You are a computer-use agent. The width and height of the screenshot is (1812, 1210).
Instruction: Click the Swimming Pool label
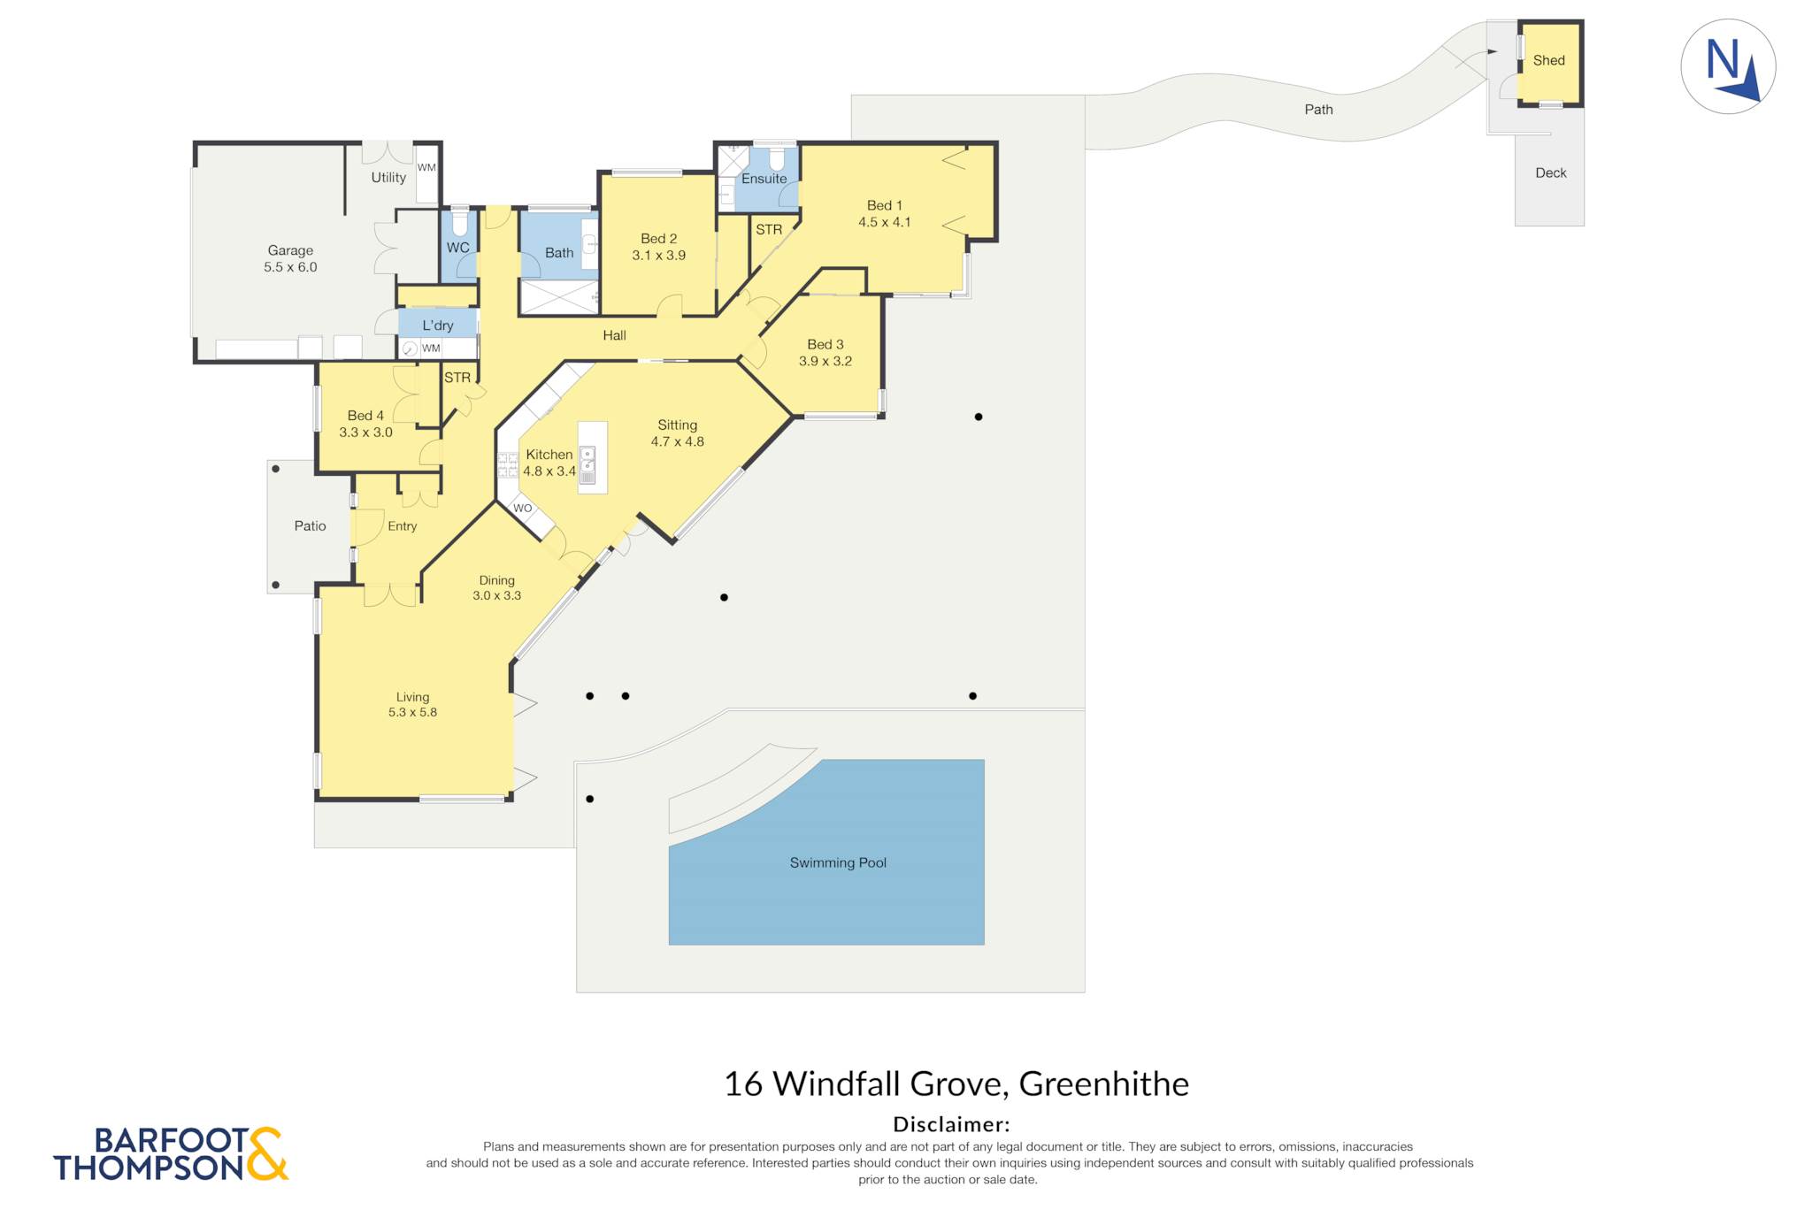(838, 862)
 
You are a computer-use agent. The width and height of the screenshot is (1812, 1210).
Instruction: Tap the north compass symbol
(1728, 66)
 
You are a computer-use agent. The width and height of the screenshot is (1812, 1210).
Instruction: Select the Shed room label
(1548, 60)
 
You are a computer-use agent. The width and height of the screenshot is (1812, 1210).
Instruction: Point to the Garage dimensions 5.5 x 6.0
(290, 267)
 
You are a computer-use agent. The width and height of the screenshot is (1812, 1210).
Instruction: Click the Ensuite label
(764, 179)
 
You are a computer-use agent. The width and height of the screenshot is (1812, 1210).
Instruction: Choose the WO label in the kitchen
(523, 509)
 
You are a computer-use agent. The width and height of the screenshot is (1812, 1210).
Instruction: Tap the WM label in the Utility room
(426, 167)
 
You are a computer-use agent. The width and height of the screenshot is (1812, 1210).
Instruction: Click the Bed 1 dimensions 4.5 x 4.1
(885, 222)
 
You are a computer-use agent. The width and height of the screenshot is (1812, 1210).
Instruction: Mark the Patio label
(310, 525)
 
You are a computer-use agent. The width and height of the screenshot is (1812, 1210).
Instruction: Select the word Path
(1318, 110)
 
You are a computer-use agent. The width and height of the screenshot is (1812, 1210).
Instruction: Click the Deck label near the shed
(1551, 172)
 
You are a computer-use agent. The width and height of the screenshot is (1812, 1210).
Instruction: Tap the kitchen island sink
(587, 465)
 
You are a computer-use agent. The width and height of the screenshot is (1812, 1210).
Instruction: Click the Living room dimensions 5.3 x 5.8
(412, 712)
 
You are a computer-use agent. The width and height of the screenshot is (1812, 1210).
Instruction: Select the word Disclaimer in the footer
(951, 1124)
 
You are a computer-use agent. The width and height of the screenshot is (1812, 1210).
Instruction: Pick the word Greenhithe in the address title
(1104, 1084)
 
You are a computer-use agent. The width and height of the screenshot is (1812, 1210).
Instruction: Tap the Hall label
(614, 335)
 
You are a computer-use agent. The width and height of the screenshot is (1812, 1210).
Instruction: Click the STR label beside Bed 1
(769, 229)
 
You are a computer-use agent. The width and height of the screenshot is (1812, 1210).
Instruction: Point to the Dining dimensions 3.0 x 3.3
(496, 595)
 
